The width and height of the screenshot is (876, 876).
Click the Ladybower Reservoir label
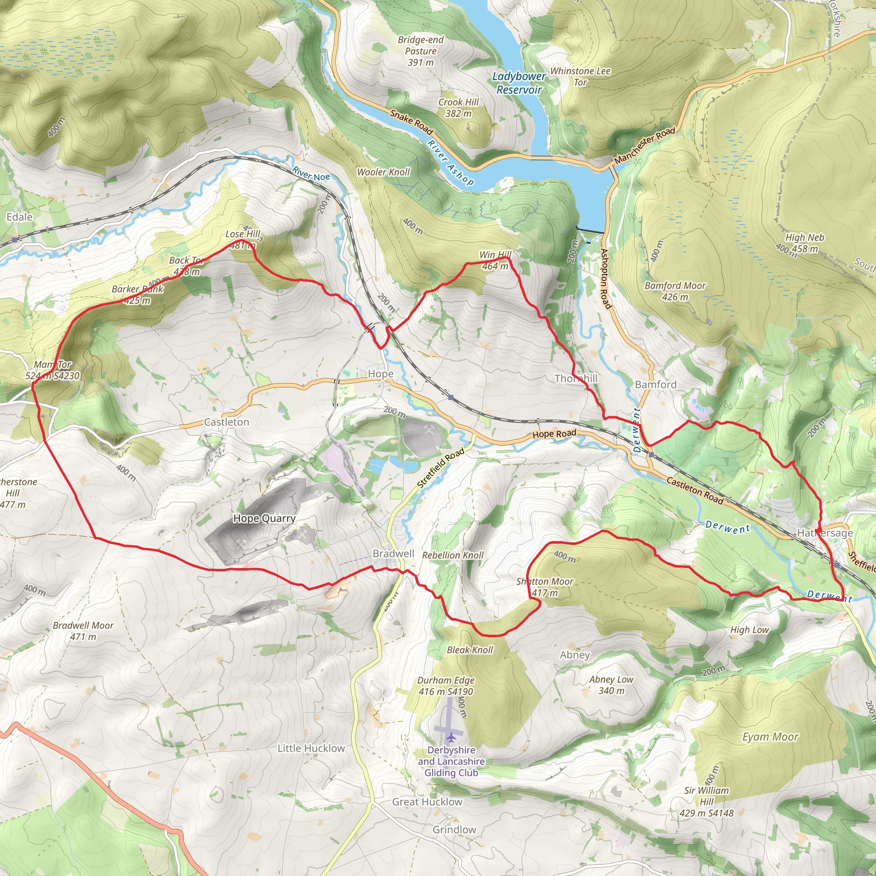[x=519, y=83]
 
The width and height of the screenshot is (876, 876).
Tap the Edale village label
[x=20, y=217]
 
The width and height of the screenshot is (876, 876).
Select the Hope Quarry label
[x=264, y=518]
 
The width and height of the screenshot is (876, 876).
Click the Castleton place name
[x=227, y=422]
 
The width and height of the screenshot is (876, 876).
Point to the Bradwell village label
[x=393, y=553]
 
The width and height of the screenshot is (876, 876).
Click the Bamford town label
[x=656, y=385]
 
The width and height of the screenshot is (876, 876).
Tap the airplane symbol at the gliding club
[x=451, y=737]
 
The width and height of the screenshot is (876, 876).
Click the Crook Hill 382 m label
[x=459, y=108]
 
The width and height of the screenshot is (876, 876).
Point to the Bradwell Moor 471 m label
[x=83, y=631]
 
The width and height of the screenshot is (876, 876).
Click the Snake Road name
[x=411, y=121]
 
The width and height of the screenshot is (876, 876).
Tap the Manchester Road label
[x=644, y=145]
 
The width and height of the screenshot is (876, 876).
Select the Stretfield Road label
[x=440, y=468]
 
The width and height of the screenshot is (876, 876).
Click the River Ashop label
[x=451, y=162]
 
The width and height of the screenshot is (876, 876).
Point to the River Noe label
[x=311, y=174]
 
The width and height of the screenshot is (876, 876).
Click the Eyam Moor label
[x=770, y=737]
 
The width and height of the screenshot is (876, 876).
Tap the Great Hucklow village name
[x=427, y=802]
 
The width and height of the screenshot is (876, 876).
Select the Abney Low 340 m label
[x=611, y=685]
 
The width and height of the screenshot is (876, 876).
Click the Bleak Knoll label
[x=470, y=650]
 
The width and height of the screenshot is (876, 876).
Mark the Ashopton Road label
[x=605, y=278]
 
